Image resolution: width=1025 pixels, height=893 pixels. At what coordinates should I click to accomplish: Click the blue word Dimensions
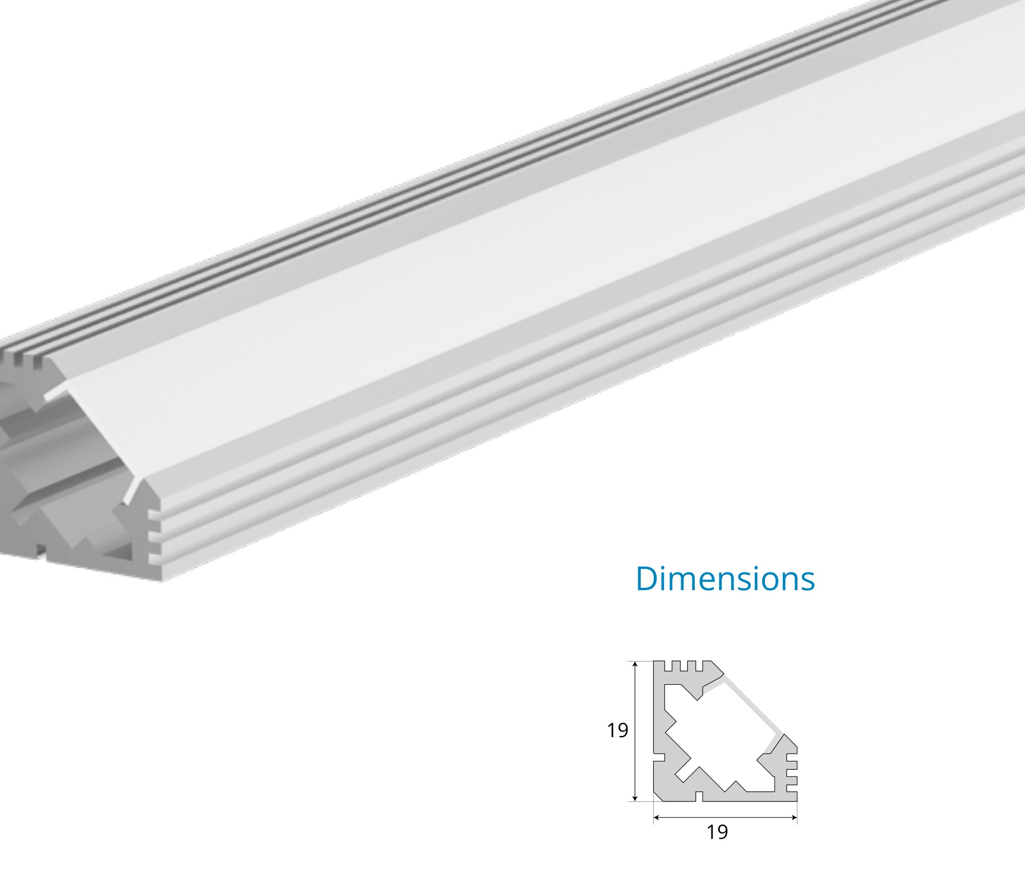(x=725, y=578)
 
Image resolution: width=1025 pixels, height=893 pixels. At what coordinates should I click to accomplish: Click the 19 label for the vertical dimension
(x=617, y=730)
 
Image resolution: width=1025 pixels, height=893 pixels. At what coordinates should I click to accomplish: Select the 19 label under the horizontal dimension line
(x=717, y=832)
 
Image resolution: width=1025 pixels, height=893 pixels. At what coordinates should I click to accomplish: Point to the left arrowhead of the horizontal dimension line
(x=657, y=817)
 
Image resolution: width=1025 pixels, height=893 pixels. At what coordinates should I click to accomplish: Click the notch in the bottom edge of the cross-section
(x=700, y=795)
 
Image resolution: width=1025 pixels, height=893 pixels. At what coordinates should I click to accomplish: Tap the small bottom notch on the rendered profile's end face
(x=41, y=550)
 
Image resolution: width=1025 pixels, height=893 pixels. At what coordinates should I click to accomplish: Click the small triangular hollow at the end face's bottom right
(x=123, y=552)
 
